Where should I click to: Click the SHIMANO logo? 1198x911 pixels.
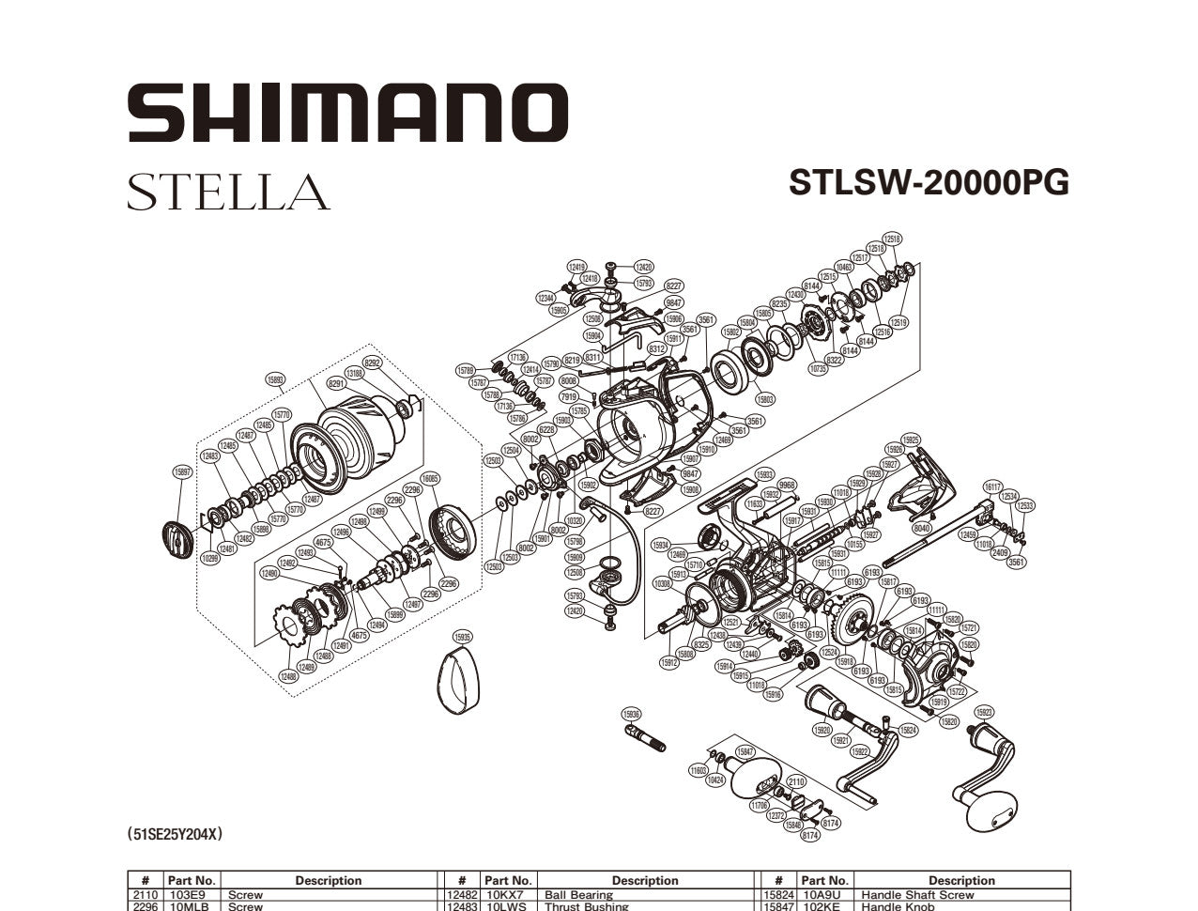pos(347,112)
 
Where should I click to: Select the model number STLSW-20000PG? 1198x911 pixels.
pos(928,182)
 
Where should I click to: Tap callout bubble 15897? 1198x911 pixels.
pos(183,471)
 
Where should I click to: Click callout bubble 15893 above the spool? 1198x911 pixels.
pos(275,380)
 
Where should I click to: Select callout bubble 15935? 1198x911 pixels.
pos(461,636)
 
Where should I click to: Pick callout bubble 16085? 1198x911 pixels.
pos(430,478)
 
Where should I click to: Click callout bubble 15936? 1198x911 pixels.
pos(632,715)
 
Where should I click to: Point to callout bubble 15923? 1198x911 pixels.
pos(983,712)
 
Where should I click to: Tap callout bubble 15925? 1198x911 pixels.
pos(910,440)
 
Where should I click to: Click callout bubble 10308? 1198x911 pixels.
pos(663,583)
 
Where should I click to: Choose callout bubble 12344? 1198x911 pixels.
pos(545,298)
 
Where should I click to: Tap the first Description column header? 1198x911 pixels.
pos(328,880)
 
